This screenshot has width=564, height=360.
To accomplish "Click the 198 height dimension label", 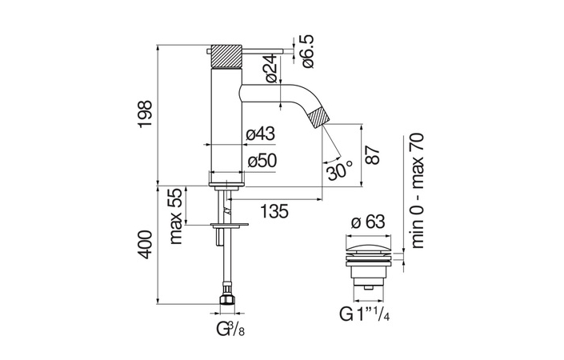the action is [146, 114].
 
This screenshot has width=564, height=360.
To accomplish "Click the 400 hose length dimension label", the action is [146, 245].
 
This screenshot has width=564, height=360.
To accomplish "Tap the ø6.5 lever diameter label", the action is [308, 51].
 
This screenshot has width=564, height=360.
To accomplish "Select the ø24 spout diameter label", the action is [272, 69].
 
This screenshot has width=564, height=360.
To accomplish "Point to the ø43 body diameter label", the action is [261, 134].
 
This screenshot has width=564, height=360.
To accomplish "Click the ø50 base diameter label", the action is [262, 160].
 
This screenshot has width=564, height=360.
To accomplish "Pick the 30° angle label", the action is [339, 171].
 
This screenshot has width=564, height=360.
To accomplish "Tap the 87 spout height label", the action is [374, 155].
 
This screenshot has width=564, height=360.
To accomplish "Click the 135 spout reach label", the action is [274, 211].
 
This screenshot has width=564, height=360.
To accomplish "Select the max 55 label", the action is [176, 216].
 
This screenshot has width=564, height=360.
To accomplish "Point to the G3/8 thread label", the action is [230, 329].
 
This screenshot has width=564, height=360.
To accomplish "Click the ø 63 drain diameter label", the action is [368, 222].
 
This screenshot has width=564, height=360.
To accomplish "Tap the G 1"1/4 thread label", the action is [364, 314].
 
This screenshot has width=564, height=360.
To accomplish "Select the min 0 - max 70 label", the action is [418, 190].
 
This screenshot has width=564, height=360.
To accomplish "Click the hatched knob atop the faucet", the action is [226, 56].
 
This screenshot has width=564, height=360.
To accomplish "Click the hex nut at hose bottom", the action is [227, 299].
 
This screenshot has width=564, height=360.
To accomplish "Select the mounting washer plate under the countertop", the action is [230, 226].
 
